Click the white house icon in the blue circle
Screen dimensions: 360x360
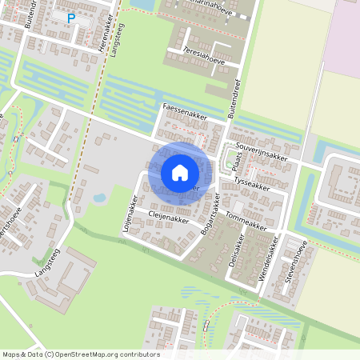[180, 172]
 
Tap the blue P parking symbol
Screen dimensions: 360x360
[71, 18]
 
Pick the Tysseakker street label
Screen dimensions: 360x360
[252, 182]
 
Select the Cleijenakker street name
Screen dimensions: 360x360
[168, 216]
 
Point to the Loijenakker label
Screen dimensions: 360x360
[129, 208]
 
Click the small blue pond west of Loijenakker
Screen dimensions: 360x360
[99, 198]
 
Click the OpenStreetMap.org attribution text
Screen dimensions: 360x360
[104, 354]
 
